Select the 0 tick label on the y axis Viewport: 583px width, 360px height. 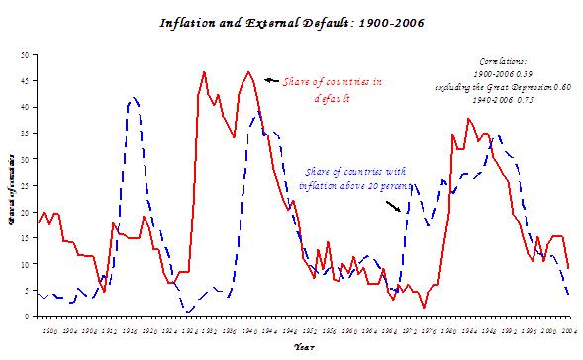coord(29,316)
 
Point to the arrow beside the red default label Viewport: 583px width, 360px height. coord(270,79)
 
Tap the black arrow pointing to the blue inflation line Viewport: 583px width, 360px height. coord(394,207)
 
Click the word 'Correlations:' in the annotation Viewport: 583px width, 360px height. coord(504,60)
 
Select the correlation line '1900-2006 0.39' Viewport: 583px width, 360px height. coord(504,73)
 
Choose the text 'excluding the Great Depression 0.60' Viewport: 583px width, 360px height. coord(504,86)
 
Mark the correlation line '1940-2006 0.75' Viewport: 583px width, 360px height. coord(504,99)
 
